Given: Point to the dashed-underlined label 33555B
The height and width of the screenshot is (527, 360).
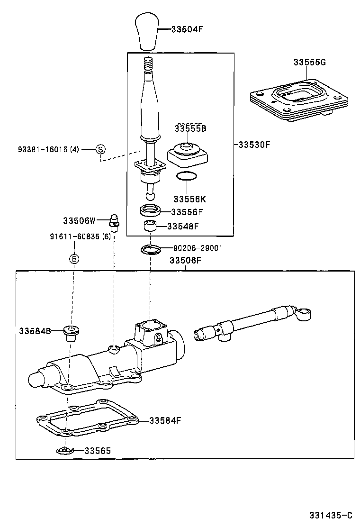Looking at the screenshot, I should [190, 128].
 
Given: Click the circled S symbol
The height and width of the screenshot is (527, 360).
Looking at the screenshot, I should [100, 149].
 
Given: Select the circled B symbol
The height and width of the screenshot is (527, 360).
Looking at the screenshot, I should [74, 259].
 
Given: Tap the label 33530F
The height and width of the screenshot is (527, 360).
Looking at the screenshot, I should [254, 145].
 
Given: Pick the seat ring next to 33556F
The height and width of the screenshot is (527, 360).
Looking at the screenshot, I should [150, 210].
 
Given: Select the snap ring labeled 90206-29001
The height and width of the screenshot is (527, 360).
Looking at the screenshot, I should [151, 248].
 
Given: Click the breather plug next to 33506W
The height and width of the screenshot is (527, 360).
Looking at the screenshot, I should [114, 222].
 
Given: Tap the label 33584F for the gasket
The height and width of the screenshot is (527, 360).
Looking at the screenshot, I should [165, 420].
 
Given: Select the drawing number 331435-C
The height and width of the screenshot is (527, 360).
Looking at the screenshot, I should [331, 515].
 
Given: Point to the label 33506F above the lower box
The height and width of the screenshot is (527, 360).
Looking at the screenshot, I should [186, 260].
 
